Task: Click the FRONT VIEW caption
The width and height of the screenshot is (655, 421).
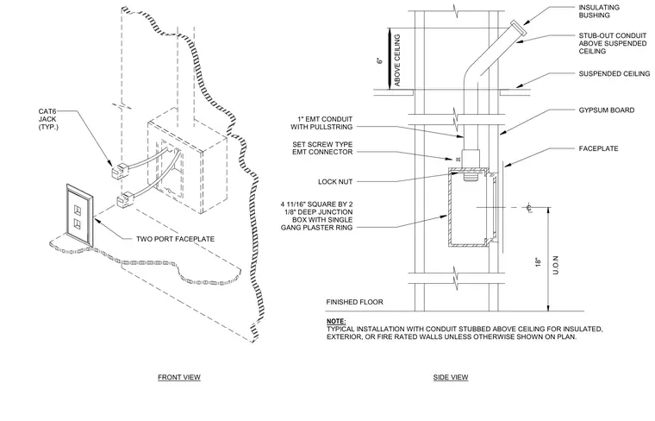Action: click(179, 377)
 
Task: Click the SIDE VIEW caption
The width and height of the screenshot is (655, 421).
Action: click(450, 377)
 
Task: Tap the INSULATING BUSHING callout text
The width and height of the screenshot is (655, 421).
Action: click(599, 11)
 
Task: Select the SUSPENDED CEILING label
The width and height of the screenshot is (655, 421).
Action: click(614, 73)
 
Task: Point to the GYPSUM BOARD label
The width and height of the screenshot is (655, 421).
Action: click(607, 110)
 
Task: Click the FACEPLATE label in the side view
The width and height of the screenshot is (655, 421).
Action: click(598, 148)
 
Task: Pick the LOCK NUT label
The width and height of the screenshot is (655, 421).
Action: click(335, 182)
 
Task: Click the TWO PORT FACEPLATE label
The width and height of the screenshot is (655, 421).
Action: click(176, 239)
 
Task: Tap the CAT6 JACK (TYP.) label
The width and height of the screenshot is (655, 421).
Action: click(47, 119)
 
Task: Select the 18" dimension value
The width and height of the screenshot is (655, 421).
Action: click(539, 262)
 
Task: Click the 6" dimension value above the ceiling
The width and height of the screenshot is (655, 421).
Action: click(380, 60)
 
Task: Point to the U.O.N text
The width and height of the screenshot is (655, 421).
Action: click(556, 265)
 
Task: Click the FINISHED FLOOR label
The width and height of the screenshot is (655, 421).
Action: click(354, 302)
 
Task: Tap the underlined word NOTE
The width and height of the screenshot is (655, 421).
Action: click(336, 322)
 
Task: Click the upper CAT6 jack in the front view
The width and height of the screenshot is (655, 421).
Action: click(121, 171)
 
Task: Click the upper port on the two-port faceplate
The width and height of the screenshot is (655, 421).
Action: click(78, 210)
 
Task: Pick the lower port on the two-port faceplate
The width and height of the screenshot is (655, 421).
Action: click(78, 223)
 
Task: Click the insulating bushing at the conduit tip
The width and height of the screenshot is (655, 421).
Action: click(519, 28)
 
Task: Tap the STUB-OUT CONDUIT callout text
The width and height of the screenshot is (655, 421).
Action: click(613, 43)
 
